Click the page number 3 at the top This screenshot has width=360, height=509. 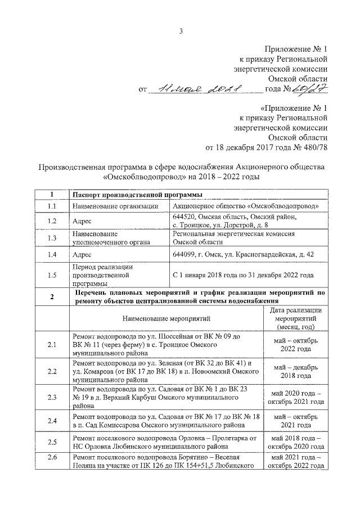click(181, 30)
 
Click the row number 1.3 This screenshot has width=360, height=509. click(52, 238)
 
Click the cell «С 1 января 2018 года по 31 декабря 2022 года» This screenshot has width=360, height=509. click(243, 276)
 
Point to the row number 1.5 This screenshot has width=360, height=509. click(52, 276)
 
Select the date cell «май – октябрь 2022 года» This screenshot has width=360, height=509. click(296, 344)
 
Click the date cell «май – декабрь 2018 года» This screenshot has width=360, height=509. click(296, 371)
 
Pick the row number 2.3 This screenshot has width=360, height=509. click(52, 398)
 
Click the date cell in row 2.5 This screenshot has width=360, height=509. click(296, 442)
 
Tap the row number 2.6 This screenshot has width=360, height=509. click(52, 460)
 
